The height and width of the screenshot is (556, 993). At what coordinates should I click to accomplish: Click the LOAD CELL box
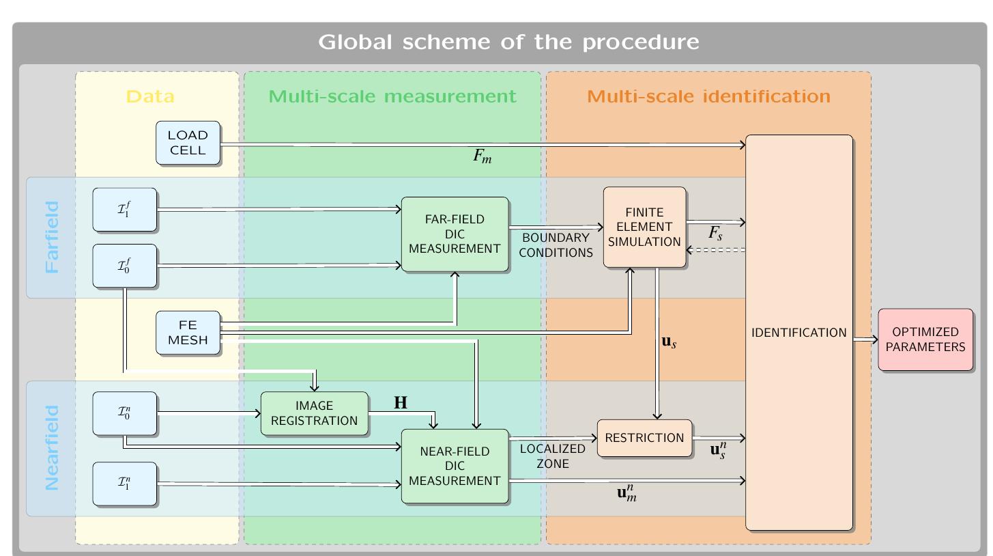pyautogui.click(x=188, y=143)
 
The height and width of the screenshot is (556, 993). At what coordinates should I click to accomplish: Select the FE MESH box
pyautogui.click(x=188, y=333)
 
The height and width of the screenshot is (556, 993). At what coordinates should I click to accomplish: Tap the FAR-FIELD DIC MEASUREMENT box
pyautogui.click(x=455, y=234)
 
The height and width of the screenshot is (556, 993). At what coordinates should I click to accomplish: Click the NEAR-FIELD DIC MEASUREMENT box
pyautogui.click(x=455, y=466)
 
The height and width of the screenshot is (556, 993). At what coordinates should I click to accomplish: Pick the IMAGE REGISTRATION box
pyautogui.click(x=314, y=413)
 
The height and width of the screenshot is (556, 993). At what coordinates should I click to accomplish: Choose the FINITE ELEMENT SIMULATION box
pyautogui.click(x=644, y=227)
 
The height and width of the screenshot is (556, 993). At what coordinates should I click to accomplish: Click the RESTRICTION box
pyautogui.click(x=644, y=438)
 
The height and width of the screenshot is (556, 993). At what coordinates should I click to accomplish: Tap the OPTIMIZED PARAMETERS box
pyautogui.click(x=925, y=339)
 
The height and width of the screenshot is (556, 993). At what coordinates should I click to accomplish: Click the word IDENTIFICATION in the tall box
pyautogui.click(x=798, y=333)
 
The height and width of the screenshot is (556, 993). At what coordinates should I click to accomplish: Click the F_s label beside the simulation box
pyautogui.click(x=715, y=234)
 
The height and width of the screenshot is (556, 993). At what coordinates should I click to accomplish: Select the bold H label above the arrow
pyautogui.click(x=401, y=403)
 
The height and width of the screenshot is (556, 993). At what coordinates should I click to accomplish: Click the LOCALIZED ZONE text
pyautogui.click(x=552, y=456)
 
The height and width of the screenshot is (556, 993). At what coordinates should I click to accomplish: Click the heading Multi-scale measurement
pyautogui.click(x=392, y=96)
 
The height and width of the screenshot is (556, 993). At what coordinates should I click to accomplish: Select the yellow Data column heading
pyautogui.click(x=150, y=96)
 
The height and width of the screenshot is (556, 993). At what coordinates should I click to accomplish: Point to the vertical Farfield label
pyautogui.click(x=52, y=237)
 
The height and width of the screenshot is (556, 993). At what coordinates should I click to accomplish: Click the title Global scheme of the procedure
pyautogui.click(x=508, y=42)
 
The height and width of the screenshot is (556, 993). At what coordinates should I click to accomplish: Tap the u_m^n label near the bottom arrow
pyautogui.click(x=627, y=492)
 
